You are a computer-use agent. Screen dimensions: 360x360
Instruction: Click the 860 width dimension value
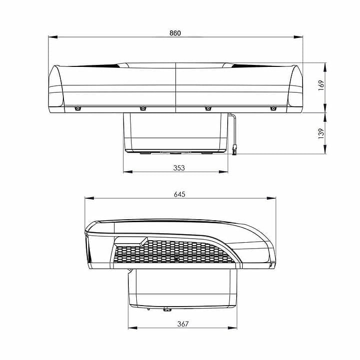[x=175, y=33]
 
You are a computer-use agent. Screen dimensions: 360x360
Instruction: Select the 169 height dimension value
[x=321, y=84]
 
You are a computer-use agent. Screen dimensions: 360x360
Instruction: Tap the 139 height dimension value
[x=321, y=133]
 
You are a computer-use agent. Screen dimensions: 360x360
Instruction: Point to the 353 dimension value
[x=179, y=168]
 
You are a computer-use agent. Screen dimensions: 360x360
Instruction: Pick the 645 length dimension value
[x=180, y=194]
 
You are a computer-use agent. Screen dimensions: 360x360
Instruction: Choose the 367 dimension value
[x=183, y=324]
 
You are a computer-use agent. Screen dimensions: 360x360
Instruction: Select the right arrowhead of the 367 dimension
[x=234, y=328]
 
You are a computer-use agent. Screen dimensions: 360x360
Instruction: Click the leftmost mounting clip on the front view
[x=77, y=108]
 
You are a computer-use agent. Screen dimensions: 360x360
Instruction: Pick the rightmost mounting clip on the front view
[x=273, y=108]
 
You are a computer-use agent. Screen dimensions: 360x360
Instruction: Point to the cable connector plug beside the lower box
[x=234, y=147]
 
